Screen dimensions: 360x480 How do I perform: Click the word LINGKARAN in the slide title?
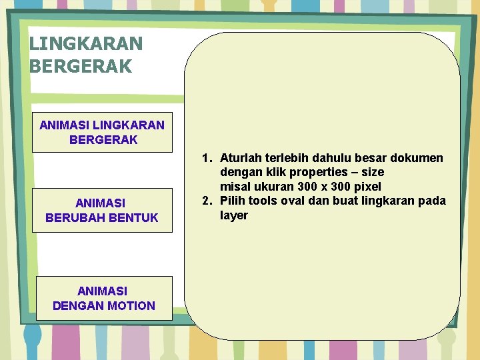point(86,44)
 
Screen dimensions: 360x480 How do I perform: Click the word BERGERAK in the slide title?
point(81,67)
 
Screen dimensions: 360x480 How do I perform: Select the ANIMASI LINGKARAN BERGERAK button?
point(102,132)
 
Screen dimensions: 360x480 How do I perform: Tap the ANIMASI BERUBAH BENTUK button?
point(102,210)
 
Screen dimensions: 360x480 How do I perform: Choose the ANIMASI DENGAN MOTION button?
point(103,298)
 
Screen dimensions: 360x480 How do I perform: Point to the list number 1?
point(207,158)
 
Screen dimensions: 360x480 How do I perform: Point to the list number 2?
point(207,201)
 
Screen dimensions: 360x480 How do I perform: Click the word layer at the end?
point(234,215)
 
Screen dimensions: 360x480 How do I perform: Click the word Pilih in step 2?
point(233,201)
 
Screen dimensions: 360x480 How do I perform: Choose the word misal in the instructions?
point(234,187)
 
